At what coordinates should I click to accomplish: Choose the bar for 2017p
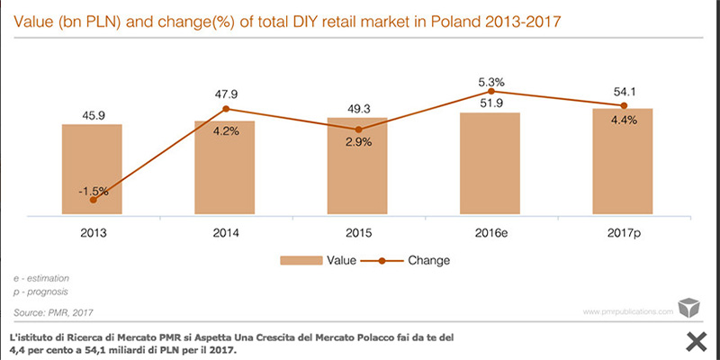623,162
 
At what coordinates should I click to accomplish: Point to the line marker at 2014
225,109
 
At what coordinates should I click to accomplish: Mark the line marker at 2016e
490,91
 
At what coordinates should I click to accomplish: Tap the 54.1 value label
623,92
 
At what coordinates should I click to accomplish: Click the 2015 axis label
357,232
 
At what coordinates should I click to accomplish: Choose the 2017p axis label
623,232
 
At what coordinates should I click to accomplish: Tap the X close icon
695,340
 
